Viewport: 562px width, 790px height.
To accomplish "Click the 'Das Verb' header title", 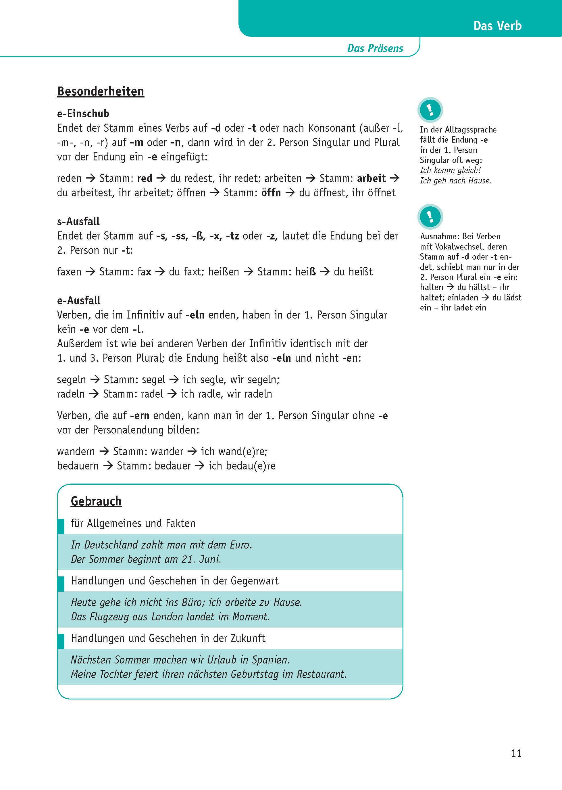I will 497,26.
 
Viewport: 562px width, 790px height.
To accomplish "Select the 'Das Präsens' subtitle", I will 375,48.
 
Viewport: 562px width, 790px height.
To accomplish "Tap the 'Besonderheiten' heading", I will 100,91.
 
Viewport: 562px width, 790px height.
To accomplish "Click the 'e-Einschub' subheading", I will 83,114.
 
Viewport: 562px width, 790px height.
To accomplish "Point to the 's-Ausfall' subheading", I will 78,221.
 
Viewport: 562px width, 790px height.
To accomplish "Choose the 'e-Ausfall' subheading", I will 78,300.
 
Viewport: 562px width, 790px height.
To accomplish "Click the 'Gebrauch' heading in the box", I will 96,501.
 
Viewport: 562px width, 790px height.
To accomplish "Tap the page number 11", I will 516,753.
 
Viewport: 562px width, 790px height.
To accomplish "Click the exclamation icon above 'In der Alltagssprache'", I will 430,110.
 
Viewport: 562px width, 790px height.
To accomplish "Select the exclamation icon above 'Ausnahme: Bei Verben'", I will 430,217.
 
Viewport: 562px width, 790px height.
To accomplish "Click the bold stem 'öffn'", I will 271,193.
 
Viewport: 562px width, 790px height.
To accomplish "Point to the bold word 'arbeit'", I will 371,178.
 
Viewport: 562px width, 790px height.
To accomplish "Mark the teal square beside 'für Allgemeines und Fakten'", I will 61,526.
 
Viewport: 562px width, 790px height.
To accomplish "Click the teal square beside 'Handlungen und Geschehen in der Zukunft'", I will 61,641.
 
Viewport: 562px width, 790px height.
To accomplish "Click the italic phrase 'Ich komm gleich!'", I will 450,170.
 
